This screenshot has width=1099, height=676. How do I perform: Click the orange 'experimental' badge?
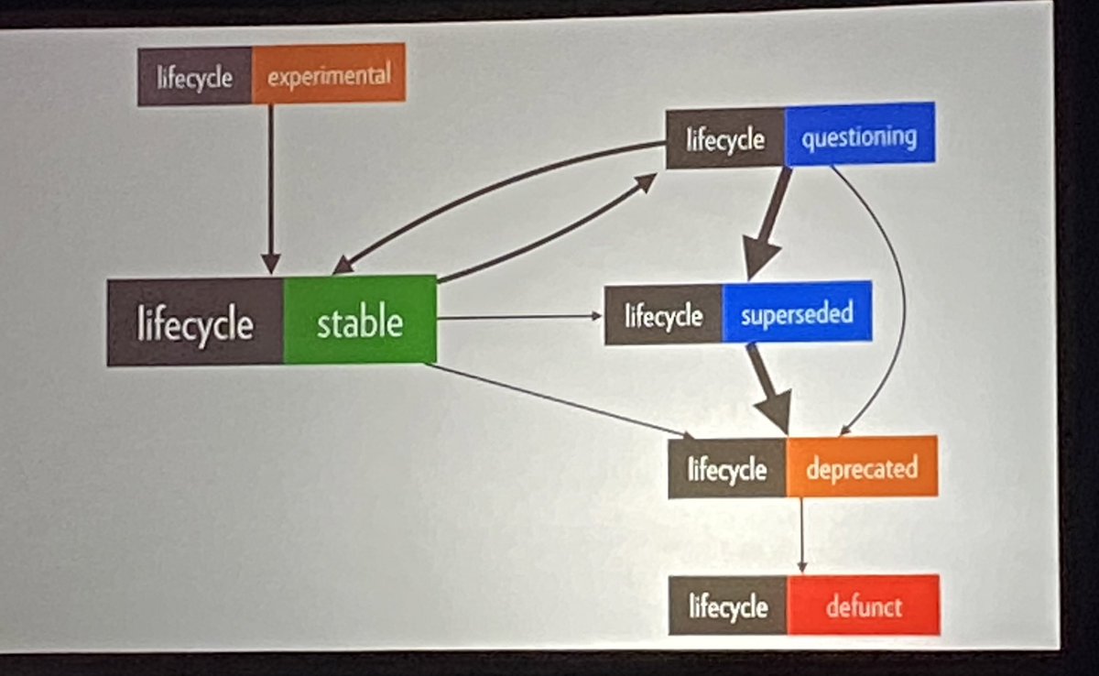click(x=328, y=74)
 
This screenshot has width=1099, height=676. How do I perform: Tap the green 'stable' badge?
click(x=359, y=322)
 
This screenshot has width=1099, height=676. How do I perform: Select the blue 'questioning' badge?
click(x=859, y=137)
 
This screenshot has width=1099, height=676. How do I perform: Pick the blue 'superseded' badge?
click(x=796, y=314)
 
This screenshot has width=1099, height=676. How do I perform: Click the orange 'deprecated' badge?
click(x=861, y=469)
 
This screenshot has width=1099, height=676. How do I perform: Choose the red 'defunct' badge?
click(x=863, y=605)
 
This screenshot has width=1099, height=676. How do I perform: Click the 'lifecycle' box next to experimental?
click(x=194, y=76)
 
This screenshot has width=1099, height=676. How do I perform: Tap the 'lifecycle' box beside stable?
click(x=195, y=323)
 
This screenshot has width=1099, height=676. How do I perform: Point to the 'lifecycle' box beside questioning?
click(x=724, y=140)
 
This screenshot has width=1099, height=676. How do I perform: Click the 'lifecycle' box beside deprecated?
click(x=727, y=470)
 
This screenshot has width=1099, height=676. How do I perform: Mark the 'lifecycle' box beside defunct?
click(x=727, y=606)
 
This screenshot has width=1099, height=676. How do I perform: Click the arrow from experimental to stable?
click(x=271, y=183)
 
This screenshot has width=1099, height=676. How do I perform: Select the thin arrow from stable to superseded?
click(x=517, y=317)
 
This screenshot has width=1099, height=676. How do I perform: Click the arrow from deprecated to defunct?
click(x=802, y=535)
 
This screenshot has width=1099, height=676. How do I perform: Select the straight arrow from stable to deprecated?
click(x=559, y=400)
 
